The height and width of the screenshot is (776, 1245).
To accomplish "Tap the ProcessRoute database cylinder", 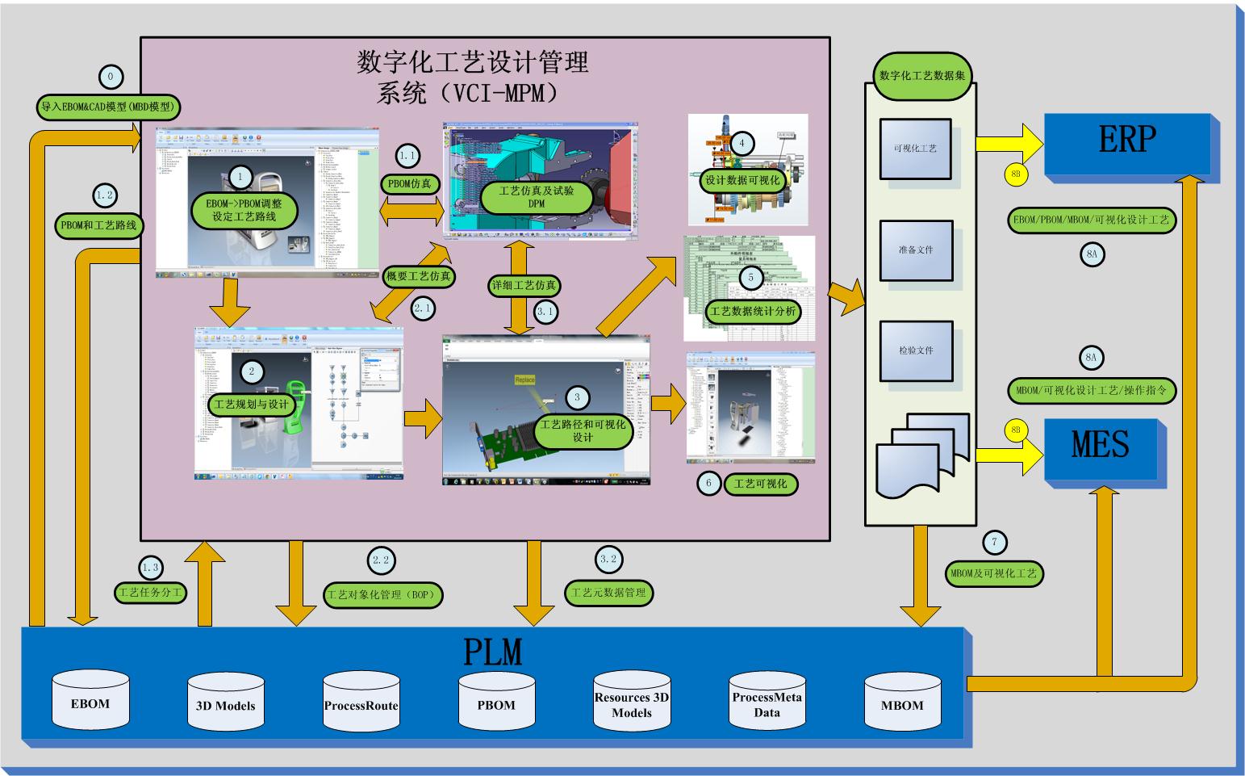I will click(361, 705).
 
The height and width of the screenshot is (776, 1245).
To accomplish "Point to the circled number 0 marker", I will click(111, 78).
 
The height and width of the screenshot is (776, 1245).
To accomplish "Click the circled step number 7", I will click(994, 543).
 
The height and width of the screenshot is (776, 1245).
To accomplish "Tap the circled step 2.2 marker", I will click(382, 560).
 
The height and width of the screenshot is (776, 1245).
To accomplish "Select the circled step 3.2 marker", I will click(608, 560).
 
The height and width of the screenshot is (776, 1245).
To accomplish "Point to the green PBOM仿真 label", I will click(410, 183).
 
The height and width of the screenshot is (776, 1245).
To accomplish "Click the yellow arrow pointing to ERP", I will click(1009, 144).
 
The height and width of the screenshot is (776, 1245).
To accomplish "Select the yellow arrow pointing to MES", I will click(1009, 455).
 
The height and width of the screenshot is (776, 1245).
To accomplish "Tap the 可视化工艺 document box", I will click(915, 149).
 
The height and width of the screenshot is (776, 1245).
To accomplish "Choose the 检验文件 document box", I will click(915, 350).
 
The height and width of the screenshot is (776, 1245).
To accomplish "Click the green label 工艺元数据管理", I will click(608, 593).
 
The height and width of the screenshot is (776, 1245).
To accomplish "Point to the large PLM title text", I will click(493, 651).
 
